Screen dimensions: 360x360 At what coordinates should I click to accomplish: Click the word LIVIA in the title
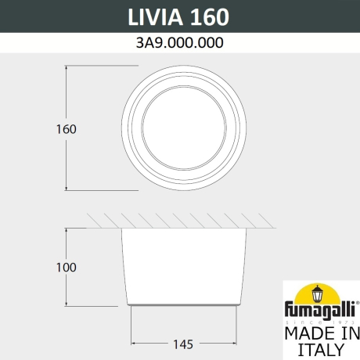pos(149,17)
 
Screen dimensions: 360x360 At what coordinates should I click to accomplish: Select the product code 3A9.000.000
pos(180,45)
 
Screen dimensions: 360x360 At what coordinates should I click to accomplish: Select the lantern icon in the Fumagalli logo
pos(320,296)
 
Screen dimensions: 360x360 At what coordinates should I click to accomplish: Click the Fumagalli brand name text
pos(319,312)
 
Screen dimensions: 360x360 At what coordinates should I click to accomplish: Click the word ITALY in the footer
pos(319,349)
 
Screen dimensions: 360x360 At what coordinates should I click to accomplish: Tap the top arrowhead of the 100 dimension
pos(67,229)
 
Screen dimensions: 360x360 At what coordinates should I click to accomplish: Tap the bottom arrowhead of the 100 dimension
pos(67,306)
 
